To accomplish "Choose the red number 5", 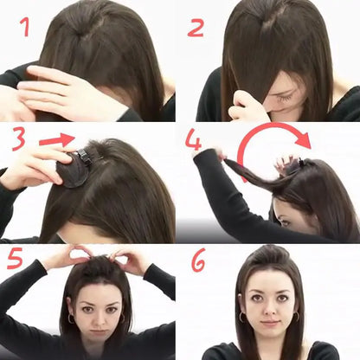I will coord(15,258).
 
